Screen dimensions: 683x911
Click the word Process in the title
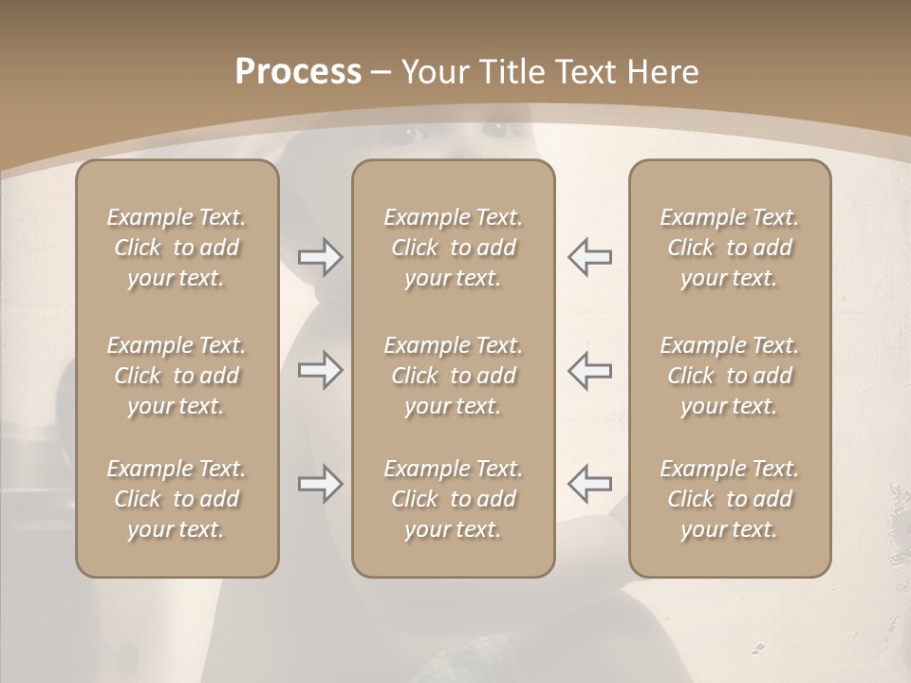298,72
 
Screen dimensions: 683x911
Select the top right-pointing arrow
320,257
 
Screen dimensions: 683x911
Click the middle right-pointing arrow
320,370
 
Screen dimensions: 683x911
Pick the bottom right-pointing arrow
320,484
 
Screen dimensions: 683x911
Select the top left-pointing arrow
590,257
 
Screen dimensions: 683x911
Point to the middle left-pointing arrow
590,370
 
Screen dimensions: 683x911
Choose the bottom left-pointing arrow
590,484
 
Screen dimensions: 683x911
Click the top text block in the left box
177,248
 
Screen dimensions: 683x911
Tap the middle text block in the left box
177,376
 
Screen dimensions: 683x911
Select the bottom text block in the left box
177,499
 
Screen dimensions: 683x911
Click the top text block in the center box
454,248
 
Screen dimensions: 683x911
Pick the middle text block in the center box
454,376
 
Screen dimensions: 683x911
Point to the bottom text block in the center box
454,499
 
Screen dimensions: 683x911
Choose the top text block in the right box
730,248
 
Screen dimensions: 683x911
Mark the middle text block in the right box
730,376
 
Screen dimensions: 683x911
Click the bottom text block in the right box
730,499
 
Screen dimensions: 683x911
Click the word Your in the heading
434,72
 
